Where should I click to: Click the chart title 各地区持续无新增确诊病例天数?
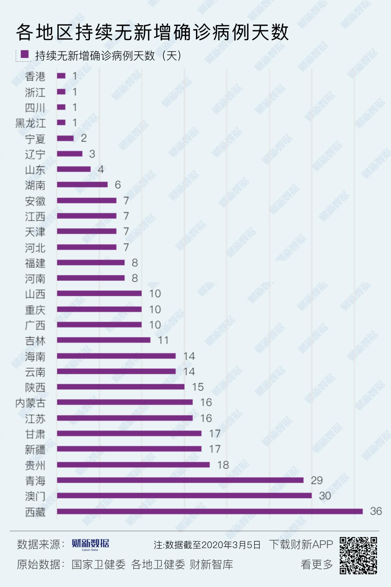[152, 33]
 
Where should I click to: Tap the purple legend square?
[25, 54]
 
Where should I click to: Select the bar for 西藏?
[210, 511]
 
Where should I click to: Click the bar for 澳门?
[184, 495]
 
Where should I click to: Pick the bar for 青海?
[180, 480]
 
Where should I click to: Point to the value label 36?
[376, 511]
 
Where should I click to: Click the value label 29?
[317, 480]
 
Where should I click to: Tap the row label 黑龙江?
[30, 123]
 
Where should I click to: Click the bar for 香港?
[61, 76]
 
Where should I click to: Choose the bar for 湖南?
[82, 185]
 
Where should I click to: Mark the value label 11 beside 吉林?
[163, 340]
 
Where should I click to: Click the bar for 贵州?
[133, 465]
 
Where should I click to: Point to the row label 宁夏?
[35, 139]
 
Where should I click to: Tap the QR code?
[358, 556]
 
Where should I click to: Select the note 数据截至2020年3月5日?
[207, 545]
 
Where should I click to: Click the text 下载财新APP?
[301, 544]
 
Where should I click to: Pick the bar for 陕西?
[121, 387]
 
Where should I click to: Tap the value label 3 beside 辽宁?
[92, 154]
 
